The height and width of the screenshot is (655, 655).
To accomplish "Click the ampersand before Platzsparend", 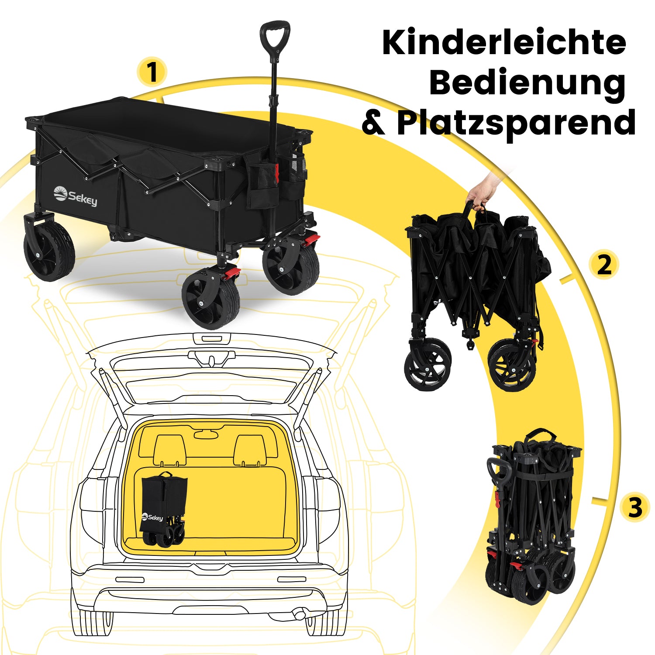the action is point(374,124).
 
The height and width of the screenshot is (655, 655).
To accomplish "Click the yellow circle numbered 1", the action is point(152,72).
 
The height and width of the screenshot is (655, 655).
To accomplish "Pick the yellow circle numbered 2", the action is point(604,265).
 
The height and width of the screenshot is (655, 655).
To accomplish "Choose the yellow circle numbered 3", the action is point(635,507).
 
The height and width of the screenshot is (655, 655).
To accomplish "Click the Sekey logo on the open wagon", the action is point(75,196).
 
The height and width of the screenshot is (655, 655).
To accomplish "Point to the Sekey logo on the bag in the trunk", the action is point(152,517).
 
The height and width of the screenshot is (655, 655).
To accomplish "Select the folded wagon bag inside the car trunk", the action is point(163,509).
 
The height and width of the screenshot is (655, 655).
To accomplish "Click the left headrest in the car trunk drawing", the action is point(170,450).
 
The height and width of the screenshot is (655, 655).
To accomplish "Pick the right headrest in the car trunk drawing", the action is point(249,450).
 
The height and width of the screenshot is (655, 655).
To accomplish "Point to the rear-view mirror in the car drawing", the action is point(206,434).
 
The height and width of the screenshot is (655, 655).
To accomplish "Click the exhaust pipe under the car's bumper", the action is point(300,614).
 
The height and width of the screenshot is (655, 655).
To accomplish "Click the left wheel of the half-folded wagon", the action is point(427,365).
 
